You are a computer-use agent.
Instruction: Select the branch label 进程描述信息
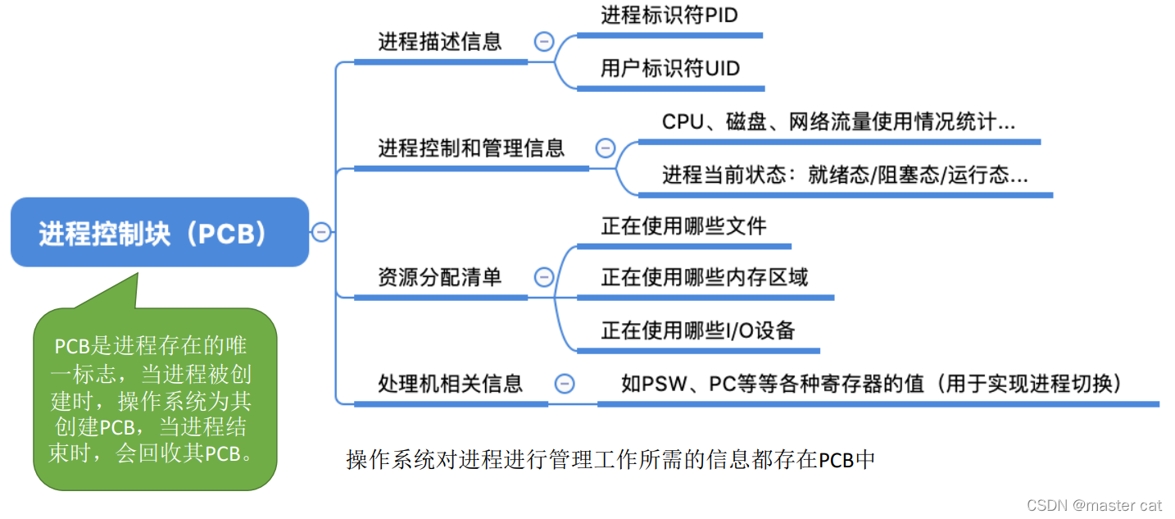coord(440,42)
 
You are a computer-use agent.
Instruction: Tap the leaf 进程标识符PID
coord(669,16)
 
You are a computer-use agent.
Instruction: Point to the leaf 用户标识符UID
coord(669,68)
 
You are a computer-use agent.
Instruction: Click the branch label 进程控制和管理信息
coord(471,148)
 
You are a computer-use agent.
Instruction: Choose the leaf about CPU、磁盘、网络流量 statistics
coord(838,122)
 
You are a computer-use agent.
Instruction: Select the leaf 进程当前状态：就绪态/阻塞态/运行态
coord(845,175)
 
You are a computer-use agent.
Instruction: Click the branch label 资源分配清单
coord(440,277)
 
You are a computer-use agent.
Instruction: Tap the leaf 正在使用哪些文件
coord(683,225)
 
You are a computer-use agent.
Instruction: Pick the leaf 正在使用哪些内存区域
coord(705,277)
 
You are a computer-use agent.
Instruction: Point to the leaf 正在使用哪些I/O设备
coord(698,330)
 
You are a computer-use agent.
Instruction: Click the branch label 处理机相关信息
coord(450,383)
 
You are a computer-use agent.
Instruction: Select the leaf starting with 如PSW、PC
coord(870,383)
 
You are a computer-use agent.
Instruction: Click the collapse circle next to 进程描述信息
coord(544,42)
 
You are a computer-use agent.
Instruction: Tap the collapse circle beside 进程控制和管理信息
coord(605,148)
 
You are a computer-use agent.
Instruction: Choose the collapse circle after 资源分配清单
coord(544,277)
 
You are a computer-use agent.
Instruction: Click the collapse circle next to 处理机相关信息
coord(565,383)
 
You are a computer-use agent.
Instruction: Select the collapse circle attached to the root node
coord(321,233)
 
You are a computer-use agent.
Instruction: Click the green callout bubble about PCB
coord(155,399)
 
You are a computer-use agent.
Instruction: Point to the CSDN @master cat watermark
coord(1095,504)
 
